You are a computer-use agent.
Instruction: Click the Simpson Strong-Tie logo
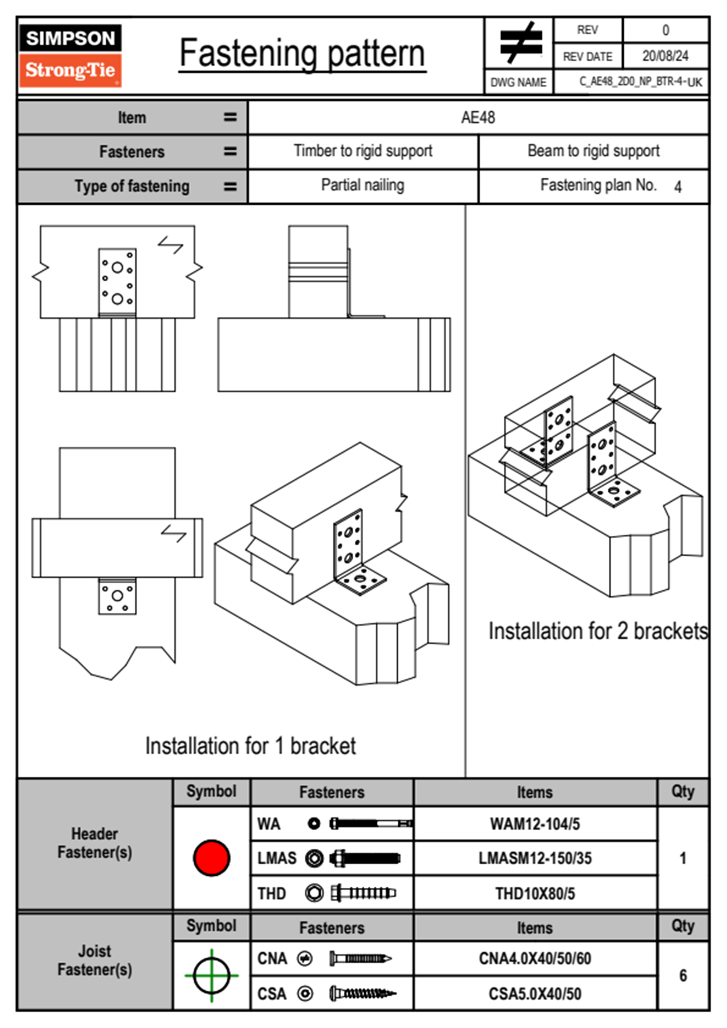click(70, 55)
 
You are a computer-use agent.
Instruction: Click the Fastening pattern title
click(302, 53)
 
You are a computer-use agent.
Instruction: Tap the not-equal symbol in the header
click(520, 43)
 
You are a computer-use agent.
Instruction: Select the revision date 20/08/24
click(665, 56)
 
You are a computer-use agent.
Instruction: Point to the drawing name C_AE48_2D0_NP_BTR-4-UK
click(640, 82)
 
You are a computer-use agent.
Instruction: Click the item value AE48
click(478, 117)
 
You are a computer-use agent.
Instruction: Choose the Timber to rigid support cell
click(363, 151)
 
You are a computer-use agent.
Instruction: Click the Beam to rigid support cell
click(593, 151)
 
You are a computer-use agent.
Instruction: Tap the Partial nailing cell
click(363, 185)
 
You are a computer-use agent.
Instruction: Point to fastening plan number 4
click(678, 187)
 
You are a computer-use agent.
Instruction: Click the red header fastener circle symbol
click(211, 857)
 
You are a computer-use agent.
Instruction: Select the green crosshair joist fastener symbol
click(211, 975)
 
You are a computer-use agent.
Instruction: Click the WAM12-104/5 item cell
click(535, 824)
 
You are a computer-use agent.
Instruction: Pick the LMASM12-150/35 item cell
click(535, 858)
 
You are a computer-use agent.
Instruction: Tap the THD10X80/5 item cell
click(535, 894)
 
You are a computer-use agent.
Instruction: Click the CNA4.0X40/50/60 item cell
click(535, 958)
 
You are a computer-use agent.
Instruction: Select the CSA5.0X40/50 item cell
click(535, 994)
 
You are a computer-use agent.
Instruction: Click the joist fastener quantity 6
click(683, 975)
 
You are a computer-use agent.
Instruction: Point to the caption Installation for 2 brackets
click(597, 631)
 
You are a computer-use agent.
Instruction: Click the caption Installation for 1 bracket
click(250, 746)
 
